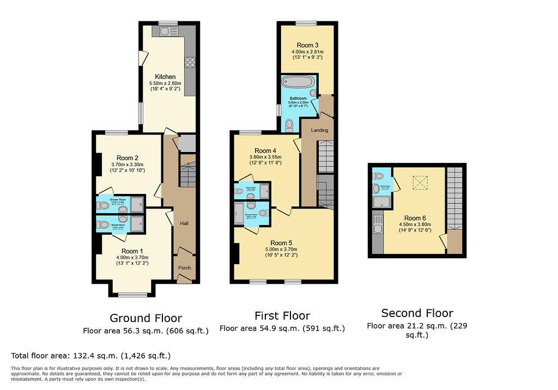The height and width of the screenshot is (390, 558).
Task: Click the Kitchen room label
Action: (x=165, y=77)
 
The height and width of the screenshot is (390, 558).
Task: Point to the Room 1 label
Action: (x=133, y=251)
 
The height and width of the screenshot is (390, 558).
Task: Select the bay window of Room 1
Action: (x=129, y=295)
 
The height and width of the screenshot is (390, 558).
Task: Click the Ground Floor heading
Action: (x=145, y=318)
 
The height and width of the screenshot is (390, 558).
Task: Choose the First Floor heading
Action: (x=282, y=316)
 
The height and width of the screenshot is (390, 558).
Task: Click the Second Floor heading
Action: (x=417, y=313)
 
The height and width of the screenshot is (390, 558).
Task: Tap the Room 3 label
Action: (x=307, y=45)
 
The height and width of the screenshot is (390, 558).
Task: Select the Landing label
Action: (x=319, y=131)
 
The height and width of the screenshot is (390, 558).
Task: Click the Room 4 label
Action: (x=265, y=151)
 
